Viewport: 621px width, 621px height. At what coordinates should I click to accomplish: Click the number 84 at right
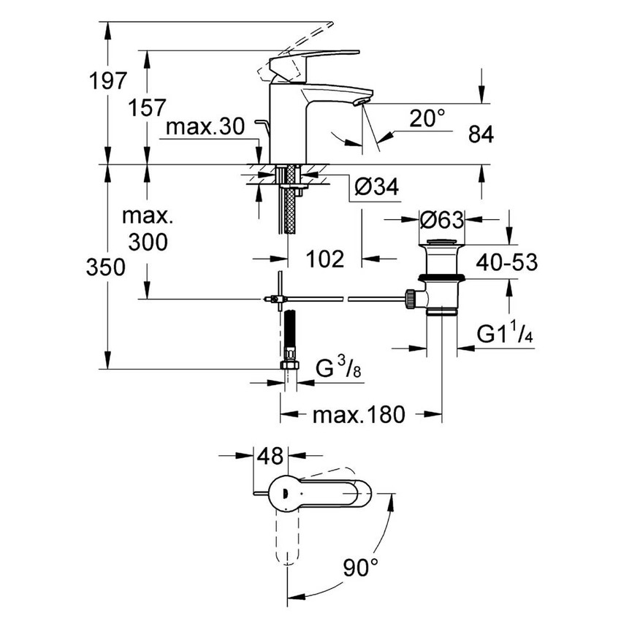480,134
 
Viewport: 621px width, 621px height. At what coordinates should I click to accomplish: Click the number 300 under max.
147,242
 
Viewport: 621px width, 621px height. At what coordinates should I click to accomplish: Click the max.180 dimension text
358,416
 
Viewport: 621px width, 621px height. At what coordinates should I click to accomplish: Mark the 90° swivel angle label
361,565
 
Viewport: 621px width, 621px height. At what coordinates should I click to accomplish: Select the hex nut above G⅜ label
290,365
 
